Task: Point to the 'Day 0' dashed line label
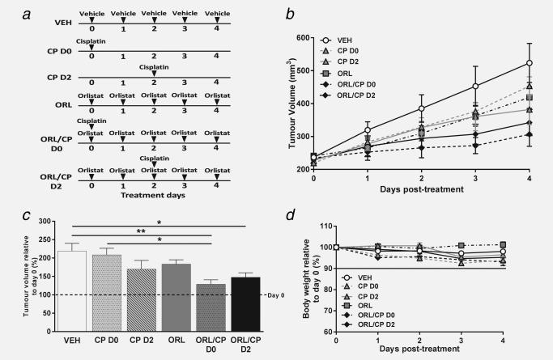click(265, 294)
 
